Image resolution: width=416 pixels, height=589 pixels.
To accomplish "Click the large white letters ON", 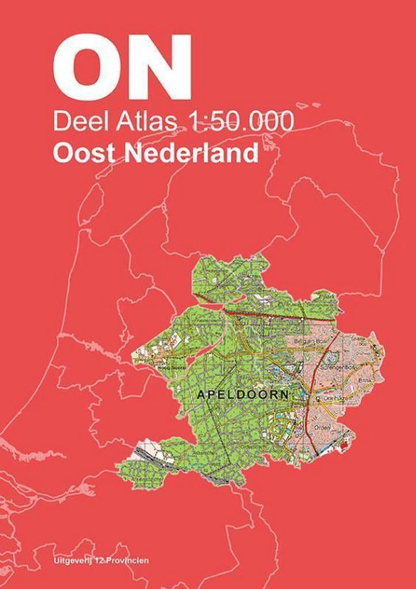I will click(121, 68).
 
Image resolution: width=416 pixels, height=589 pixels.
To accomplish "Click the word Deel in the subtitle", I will click(74, 122).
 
